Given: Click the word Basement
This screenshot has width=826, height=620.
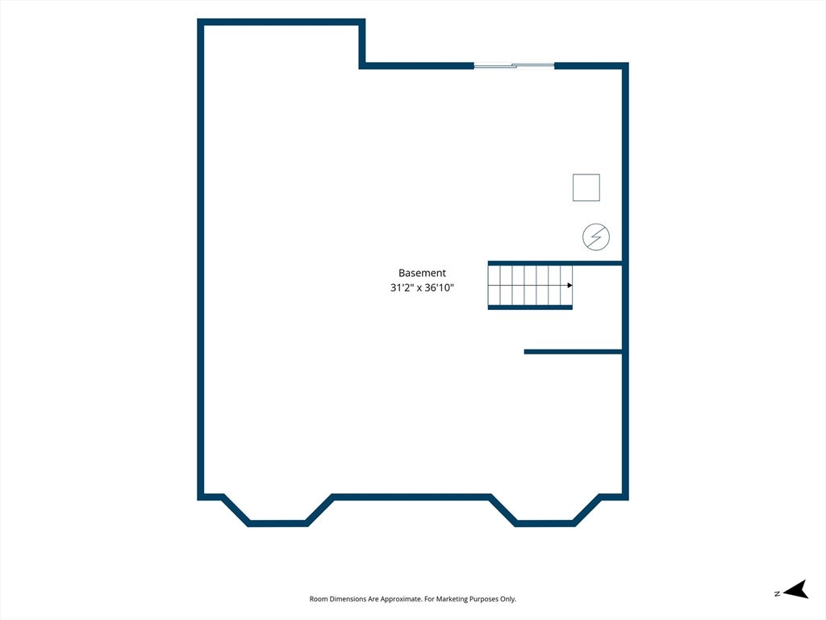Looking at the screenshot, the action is [422, 273].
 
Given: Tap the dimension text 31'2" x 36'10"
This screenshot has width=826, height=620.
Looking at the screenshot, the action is [422, 288].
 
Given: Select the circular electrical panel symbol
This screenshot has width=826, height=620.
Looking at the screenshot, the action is [596, 237].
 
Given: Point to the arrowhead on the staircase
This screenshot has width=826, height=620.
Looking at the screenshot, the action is [570, 286].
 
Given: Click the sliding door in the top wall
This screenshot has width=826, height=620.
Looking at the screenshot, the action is [514, 66].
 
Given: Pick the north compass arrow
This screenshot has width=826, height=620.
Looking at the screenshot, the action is [796, 589].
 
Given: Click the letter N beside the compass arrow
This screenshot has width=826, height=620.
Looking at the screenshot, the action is [777, 593].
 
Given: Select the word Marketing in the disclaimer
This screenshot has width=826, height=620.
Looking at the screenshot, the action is [453, 599].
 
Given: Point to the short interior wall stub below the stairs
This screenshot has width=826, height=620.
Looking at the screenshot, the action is [574, 352].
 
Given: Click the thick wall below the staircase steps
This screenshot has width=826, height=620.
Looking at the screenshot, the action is [530, 308].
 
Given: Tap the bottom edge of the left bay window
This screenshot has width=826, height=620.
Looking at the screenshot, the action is [277, 523].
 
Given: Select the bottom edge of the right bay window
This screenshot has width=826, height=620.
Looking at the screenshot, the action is [544, 523].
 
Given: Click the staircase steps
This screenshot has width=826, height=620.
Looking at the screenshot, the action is [530, 285].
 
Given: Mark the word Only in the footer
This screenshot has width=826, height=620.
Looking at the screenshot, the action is [508, 599].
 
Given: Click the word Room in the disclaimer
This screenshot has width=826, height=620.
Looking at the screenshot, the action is [319, 599].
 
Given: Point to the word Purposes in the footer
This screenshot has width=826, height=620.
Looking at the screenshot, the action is [484, 599].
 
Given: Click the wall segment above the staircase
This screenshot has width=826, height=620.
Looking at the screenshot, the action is [555, 263].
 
